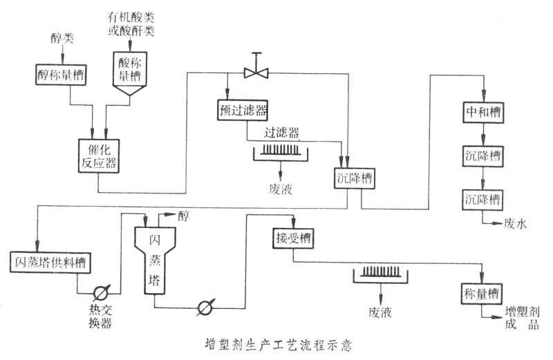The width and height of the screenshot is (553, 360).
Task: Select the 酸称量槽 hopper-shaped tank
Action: click(131, 76)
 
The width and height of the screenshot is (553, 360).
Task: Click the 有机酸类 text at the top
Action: click(131, 16)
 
